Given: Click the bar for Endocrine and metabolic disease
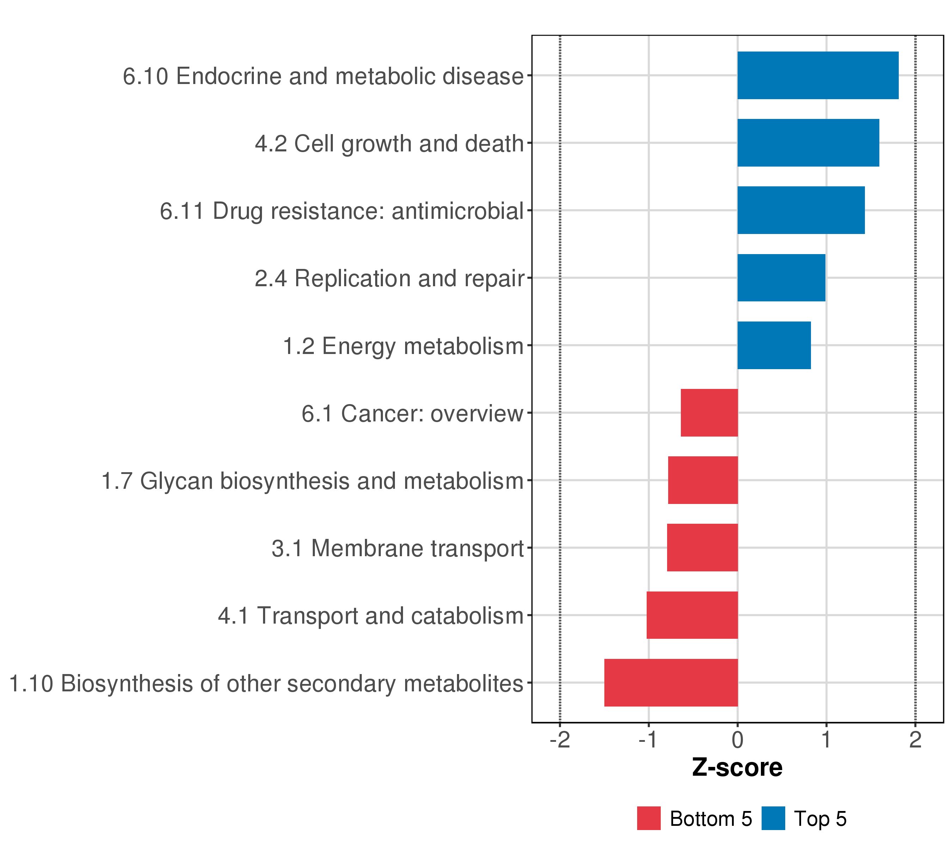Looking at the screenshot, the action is click(x=818, y=76).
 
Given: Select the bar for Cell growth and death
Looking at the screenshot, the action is click(x=808, y=143).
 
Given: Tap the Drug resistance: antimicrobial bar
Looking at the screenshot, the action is click(x=801, y=210).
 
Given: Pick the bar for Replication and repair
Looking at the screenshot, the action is click(x=782, y=278).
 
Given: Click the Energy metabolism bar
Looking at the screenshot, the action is click(x=774, y=346).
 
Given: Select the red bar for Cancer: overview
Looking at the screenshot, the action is click(x=709, y=413).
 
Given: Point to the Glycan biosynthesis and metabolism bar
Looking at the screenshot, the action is click(x=703, y=480).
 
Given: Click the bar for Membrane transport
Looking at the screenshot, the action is click(x=702, y=548).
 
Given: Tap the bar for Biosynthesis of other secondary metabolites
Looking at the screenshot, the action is click(x=671, y=683).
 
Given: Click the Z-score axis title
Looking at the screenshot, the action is click(x=737, y=768).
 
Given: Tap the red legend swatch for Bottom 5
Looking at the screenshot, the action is click(x=649, y=818).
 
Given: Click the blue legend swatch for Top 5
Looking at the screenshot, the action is click(x=774, y=818).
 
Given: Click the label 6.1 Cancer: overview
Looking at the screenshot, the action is click(x=413, y=414).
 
